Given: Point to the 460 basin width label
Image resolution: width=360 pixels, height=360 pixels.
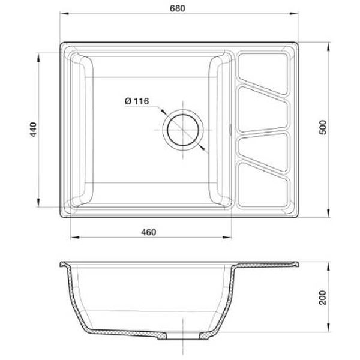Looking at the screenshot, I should point(149,232).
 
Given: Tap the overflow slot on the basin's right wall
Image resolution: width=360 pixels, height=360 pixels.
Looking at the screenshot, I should point(232,129).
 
